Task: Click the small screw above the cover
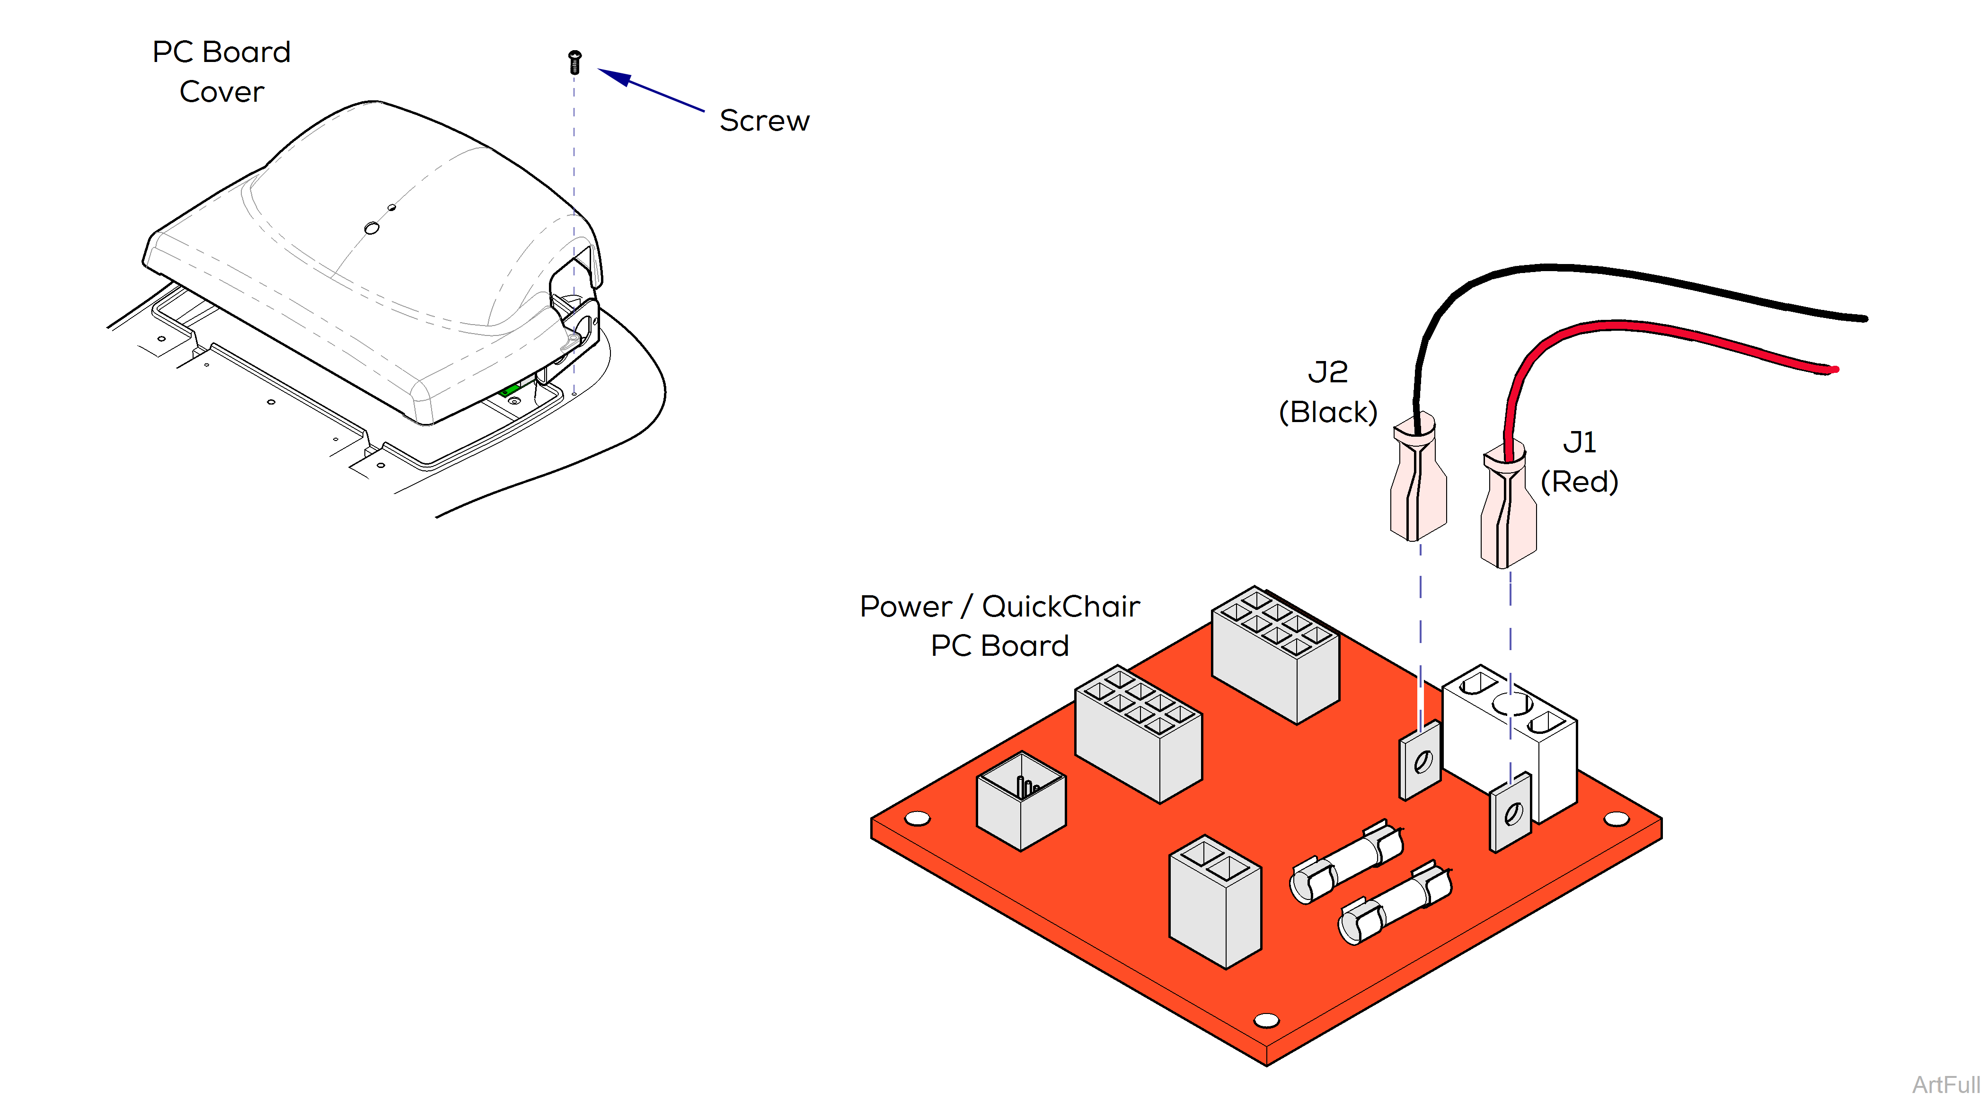[x=574, y=62]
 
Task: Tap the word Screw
[x=764, y=121]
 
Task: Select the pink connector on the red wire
[x=1508, y=509]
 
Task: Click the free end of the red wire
[x=1833, y=370]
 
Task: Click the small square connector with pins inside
[x=1021, y=801]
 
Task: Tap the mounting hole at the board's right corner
[x=1616, y=819]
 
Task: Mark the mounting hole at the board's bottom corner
[x=1266, y=1020]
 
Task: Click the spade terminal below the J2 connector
[x=1420, y=761]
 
